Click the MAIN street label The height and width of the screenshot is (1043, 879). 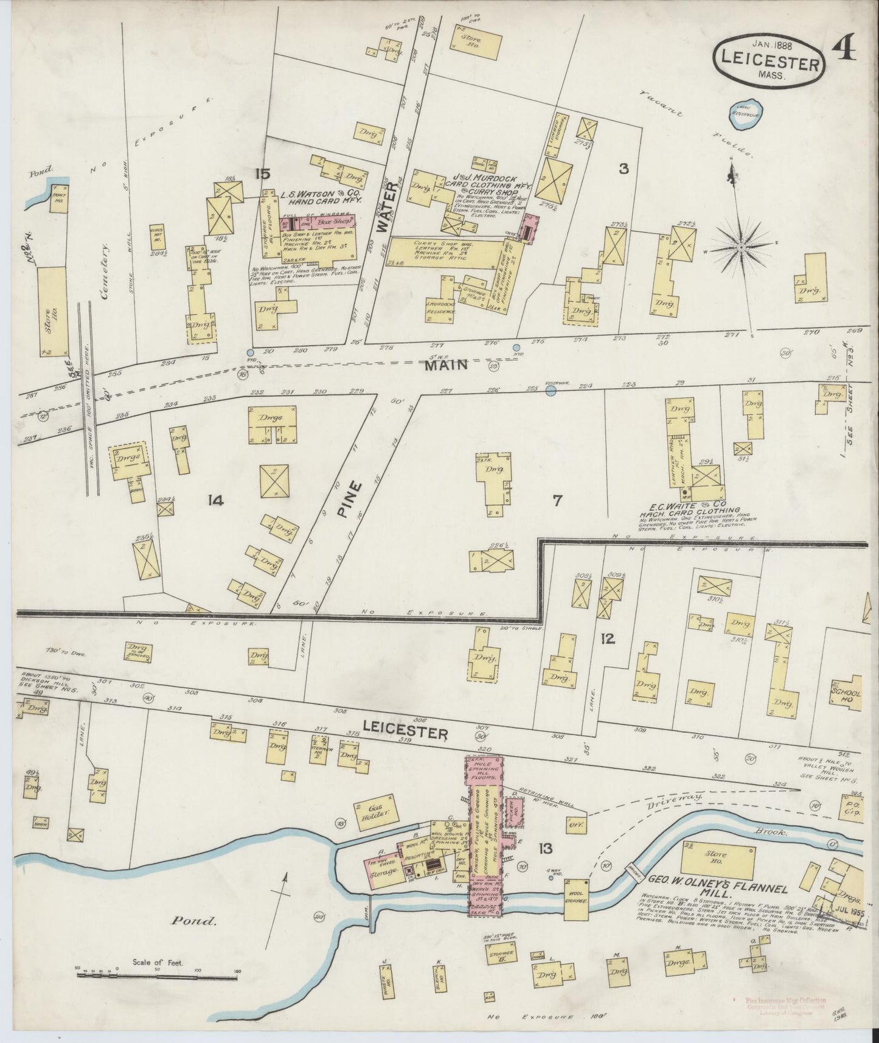pyautogui.click(x=446, y=365)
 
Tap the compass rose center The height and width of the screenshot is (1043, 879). pyautogui.click(x=742, y=248)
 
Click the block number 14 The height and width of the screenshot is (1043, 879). pyautogui.click(x=215, y=501)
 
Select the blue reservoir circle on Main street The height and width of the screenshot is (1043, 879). pyautogui.click(x=551, y=392)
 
